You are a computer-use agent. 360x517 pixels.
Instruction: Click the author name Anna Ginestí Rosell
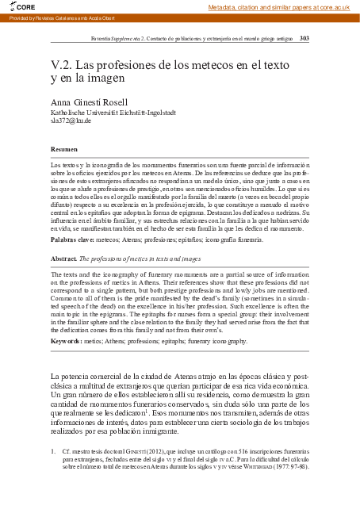pyautogui.click(x=89, y=102)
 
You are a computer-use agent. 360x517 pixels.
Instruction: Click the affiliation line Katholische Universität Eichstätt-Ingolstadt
pyautogui.click(x=113, y=112)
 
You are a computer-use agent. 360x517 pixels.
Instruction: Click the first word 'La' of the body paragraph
pyautogui.click(x=55, y=375)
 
